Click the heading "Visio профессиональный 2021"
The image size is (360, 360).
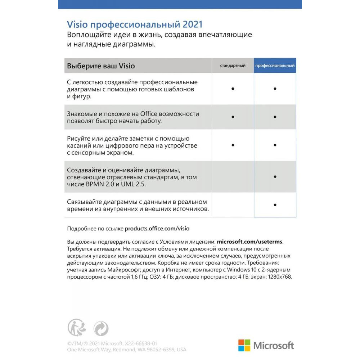pos(135,24)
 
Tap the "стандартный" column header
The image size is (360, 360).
pos(233,66)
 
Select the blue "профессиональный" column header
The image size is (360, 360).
pos(275,66)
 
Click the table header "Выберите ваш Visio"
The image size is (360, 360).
pos(101,66)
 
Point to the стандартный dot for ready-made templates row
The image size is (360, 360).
pos(233,89)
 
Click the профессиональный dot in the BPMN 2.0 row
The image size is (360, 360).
pos(275,177)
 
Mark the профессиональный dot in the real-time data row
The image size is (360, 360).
pos(275,205)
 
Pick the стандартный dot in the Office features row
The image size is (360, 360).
pos(233,117)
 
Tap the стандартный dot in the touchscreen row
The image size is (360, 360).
pos(233,145)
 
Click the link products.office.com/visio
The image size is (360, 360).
pos(157,229)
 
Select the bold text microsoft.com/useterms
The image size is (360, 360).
pos(250,242)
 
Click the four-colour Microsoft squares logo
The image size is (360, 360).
pos(244,346)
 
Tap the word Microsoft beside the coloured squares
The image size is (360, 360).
pos(274,346)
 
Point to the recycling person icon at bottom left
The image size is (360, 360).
pos(77,328)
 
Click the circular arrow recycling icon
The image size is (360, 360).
pos(101,328)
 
